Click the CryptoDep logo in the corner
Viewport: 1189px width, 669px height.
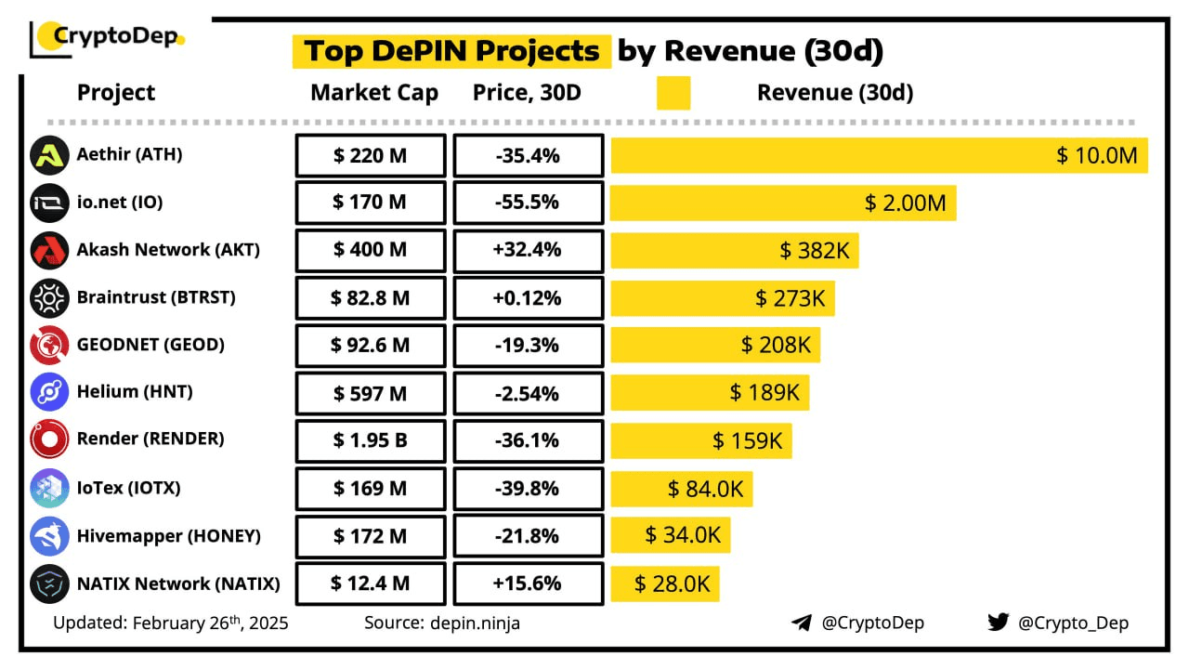(107, 37)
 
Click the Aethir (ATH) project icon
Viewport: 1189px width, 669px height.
(49, 155)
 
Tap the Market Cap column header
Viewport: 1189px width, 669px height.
(374, 93)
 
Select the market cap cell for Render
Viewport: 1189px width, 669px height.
(371, 440)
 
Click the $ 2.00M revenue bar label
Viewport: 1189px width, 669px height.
(905, 203)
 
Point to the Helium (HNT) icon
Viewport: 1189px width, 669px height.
(49, 392)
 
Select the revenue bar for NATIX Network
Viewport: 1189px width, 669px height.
(665, 584)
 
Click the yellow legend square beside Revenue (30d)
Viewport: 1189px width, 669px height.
(673, 93)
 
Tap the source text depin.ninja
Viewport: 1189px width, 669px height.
(442, 623)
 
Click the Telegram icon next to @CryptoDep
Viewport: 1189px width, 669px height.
(802, 623)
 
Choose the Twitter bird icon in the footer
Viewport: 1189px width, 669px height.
(998, 623)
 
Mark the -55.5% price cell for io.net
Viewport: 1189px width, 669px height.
(528, 203)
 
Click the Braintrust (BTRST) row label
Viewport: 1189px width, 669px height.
(156, 297)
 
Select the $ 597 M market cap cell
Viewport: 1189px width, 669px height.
(371, 393)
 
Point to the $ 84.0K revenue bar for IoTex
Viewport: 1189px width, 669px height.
(682, 488)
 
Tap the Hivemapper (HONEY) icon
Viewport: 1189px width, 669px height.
(49, 536)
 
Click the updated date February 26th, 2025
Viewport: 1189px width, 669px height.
(170, 623)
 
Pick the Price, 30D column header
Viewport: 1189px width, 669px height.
(527, 93)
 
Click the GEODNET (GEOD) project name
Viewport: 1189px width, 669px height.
(151, 345)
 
